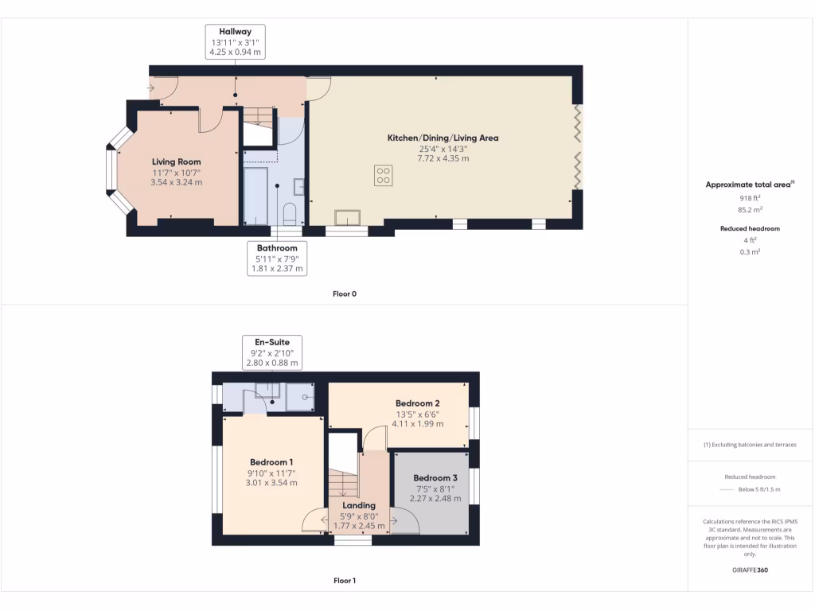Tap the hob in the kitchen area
383,175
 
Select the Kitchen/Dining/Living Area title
443,138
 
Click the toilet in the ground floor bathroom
290,213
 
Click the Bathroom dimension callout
276,259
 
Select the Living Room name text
176,162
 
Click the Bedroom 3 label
435,477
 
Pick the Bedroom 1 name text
271,462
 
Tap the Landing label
359,505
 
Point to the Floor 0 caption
344,294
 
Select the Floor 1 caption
344,581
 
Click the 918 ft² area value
748,197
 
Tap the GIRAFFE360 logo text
748,570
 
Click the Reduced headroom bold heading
748,228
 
